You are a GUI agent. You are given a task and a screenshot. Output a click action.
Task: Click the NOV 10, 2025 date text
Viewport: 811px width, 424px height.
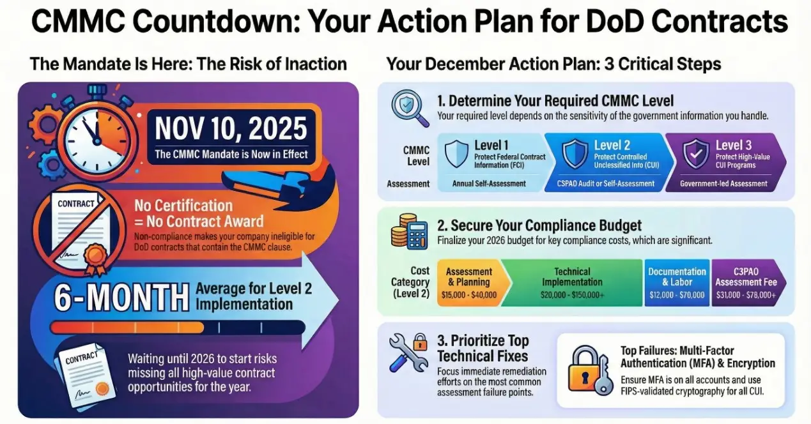tap(231, 128)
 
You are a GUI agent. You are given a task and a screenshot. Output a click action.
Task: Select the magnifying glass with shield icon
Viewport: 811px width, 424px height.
tap(410, 108)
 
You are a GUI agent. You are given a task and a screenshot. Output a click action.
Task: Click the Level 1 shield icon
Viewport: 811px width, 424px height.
tap(456, 153)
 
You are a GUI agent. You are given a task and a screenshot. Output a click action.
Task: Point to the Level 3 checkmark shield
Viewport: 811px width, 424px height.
tap(695, 153)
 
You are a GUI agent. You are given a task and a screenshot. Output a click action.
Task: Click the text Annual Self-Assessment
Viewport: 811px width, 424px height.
tap(489, 183)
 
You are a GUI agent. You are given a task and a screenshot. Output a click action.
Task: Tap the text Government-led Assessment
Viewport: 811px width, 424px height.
tap(723, 183)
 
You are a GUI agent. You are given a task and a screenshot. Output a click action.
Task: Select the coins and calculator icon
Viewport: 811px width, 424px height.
tap(409, 231)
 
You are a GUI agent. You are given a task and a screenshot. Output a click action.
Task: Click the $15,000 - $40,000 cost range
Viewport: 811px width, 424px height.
tap(469, 295)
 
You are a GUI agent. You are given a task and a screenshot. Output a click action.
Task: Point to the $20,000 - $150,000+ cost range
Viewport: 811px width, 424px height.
tap(572, 295)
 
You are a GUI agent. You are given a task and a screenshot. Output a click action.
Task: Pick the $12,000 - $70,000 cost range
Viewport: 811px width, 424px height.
tap(677, 295)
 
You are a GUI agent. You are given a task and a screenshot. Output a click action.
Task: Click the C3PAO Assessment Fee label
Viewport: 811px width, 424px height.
tap(746, 276)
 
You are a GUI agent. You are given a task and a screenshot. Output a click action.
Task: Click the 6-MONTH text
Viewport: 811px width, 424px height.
tap(121, 298)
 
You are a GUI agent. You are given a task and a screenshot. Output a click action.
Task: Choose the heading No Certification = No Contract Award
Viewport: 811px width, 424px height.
tap(199, 213)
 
